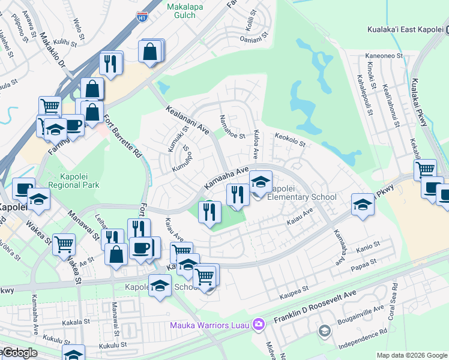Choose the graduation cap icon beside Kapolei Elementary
tap(261, 182)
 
